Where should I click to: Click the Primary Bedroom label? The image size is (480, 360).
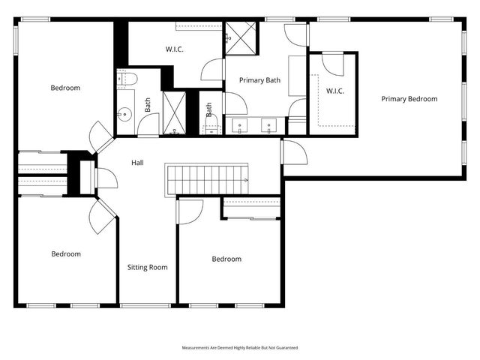pos(409,99)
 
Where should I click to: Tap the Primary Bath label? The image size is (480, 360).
pos(259,80)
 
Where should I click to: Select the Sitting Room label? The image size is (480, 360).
pos(147,267)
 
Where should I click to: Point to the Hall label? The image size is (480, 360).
pos(137,163)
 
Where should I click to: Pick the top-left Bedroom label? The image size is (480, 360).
pos(65,88)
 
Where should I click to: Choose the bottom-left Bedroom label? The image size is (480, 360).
pos(65,254)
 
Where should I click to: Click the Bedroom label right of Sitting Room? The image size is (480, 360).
pos(226,259)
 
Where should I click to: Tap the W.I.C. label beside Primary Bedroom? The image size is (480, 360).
pos(334,91)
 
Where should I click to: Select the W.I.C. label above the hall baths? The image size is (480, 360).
pos(175,50)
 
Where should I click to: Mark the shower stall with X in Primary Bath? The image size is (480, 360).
pos(241,36)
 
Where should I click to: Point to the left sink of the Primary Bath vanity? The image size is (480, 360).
pos(239,125)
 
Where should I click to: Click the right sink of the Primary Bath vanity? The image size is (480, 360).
pos(268,125)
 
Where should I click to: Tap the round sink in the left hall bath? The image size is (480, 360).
pos(124,115)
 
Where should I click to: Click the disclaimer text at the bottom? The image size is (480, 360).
pos(240,348)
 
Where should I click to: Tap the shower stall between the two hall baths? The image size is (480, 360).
pos(174,112)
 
